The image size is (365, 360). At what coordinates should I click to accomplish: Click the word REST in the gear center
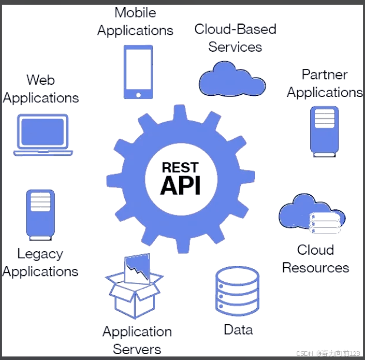click(x=180, y=167)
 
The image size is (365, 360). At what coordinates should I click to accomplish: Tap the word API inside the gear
click(x=180, y=185)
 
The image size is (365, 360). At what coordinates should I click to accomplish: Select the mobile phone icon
click(x=138, y=72)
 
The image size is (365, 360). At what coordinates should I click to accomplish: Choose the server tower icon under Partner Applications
click(x=324, y=131)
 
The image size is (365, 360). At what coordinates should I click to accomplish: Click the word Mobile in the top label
click(x=135, y=12)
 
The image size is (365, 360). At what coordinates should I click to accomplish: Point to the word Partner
click(x=324, y=75)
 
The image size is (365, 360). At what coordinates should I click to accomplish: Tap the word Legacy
click(x=40, y=254)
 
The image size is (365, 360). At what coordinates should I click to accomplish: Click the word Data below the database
click(x=238, y=329)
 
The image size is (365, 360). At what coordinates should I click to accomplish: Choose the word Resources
click(x=316, y=268)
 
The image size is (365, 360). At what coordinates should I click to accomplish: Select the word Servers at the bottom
click(x=137, y=349)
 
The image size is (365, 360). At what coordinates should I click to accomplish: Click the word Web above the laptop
click(x=41, y=79)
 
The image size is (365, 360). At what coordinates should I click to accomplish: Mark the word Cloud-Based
click(x=235, y=29)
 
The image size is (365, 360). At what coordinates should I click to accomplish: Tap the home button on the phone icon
click(x=138, y=94)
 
